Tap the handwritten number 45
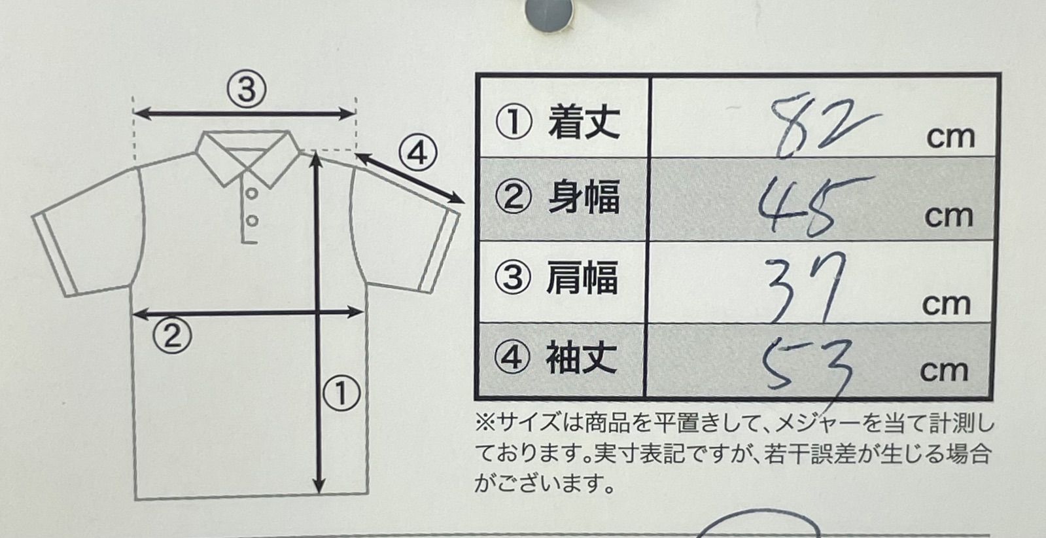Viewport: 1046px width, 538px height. [812, 206]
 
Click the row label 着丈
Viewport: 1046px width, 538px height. [584, 122]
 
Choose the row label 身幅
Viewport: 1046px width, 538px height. [584, 198]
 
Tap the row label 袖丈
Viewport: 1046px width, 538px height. [582, 358]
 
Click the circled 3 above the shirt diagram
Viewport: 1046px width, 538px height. [247, 90]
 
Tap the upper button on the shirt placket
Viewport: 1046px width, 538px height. [252, 193]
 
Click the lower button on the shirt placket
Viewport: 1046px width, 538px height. [252, 221]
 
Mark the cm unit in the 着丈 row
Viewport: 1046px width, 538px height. [950, 137]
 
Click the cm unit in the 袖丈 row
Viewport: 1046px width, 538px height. [944, 371]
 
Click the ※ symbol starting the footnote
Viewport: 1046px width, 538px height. [485, 424]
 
